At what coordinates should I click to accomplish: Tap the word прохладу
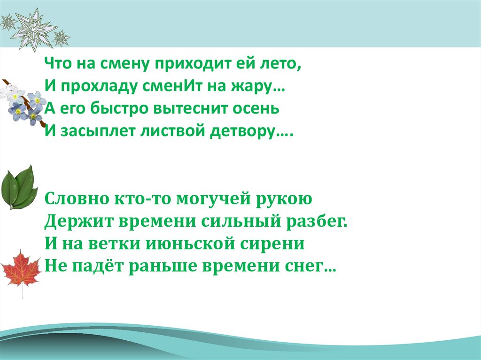point(92,86)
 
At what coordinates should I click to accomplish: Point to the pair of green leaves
point(19,186)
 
